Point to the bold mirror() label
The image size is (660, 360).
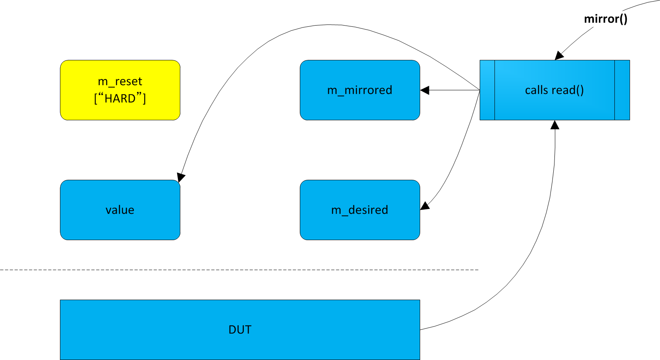tap(605, 19)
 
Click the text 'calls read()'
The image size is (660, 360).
tap(554, 90)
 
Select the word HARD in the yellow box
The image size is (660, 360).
tap(120, 98)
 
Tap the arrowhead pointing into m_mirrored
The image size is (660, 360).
tap(425, 90)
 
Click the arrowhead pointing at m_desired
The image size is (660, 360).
tap(425, 206)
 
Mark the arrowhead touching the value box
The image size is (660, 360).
tap(181, 177)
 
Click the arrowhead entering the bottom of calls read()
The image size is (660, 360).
tap(554, 125)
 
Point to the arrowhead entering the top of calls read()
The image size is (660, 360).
tap(559, 56)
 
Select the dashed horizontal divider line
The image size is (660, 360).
tap(240, 270)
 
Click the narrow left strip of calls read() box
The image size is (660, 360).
tap(487, 90)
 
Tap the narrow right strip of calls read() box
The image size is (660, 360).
tap(622, 90)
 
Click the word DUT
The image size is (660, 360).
tap(240, 330)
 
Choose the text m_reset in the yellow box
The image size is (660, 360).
tap(120, 82)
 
